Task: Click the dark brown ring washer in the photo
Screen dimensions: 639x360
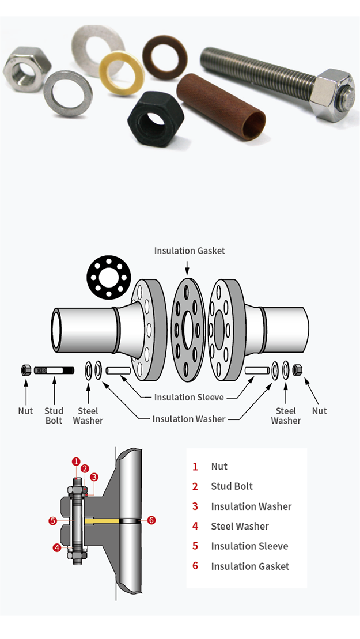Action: pyautogui.click(x=165, y=56)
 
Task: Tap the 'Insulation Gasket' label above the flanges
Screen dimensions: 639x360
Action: pyautogui.click(x=190, y=251)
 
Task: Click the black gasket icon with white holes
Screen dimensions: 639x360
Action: pyautogui.click(x=109, y=277)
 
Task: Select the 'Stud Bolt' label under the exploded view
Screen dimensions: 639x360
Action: pyautogui.click(x=54, y=415)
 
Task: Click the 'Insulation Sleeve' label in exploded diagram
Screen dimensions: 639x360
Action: pyautogui.click(x=189, y=397)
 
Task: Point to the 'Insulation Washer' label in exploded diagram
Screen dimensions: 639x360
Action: pyautogui.click(x=189, y=419)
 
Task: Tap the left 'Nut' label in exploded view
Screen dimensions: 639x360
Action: pyautogui.click(x=25, y=411)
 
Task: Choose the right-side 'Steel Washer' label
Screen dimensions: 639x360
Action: pyautogui.click(x=286, y=415)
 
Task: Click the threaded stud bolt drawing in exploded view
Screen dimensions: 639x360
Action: pyautogui.click(x=54, y=370)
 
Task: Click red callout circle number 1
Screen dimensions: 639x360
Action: pyautogui.click(x=75, y=462)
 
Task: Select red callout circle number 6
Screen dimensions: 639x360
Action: pyautogui.click(x=151, y=520)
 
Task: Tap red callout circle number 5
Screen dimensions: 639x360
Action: pyautogui.click(x=52, y=521)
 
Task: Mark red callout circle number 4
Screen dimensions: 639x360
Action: pyautogui.click(x=57, y=548)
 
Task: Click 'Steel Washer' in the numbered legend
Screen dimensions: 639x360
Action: pyautogui.click(x=240, y=526)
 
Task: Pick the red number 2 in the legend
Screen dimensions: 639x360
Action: pyautogui.click(x=195, y=486)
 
